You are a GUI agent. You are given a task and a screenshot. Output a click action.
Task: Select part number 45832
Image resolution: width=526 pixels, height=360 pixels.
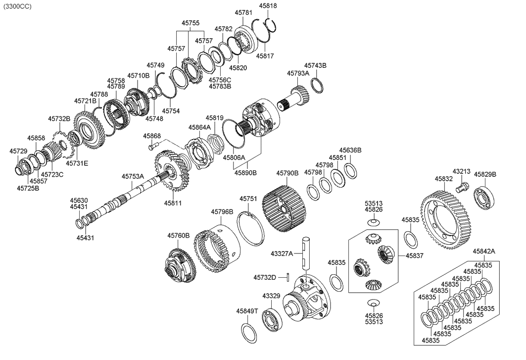tap(444, 178)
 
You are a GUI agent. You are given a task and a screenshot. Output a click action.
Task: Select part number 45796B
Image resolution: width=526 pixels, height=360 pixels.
tap(222, 211)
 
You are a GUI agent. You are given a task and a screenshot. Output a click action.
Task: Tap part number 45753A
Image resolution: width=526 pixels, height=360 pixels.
tap(133, 176)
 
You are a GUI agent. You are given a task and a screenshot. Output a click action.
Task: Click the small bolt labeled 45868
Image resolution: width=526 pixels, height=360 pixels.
tap(152, 146)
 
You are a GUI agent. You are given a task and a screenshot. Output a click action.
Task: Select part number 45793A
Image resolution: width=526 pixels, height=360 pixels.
tap(297, 73)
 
